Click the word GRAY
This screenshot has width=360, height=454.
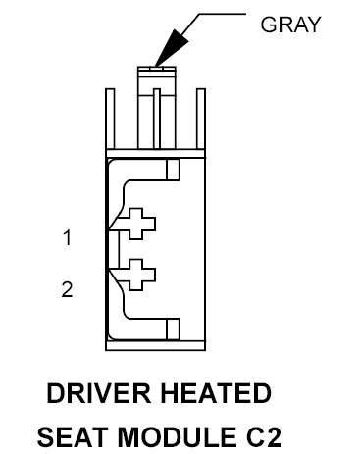(x=290, y=25)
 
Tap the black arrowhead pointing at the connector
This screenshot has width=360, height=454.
(x=173, y=47)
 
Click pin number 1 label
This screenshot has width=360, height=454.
(x=67, y=237)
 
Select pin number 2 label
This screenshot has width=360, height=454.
(x=67, y=289)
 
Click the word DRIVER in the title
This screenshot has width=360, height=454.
(x=98, y=393)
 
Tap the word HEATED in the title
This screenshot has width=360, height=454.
(x=216, y=393)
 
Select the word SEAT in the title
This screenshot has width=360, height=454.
(x=73, y=437)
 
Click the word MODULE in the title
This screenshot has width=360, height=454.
(x=177, y=437)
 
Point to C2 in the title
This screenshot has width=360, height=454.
(x=263, y=437)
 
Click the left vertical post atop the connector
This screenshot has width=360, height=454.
(x=110, y=119)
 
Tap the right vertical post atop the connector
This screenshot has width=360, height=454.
(x=201, y=119)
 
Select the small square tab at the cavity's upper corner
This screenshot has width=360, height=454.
(x=173, y=170)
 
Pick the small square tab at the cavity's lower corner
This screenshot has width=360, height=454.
(x=173, y=329)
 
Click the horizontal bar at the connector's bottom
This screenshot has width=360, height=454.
(x=156, y=346)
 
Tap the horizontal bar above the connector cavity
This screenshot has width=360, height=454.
(x=156, y=154)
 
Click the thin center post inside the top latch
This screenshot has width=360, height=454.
(x=157, y=119)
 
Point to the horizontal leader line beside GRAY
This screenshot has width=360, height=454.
(x=223, y=14)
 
